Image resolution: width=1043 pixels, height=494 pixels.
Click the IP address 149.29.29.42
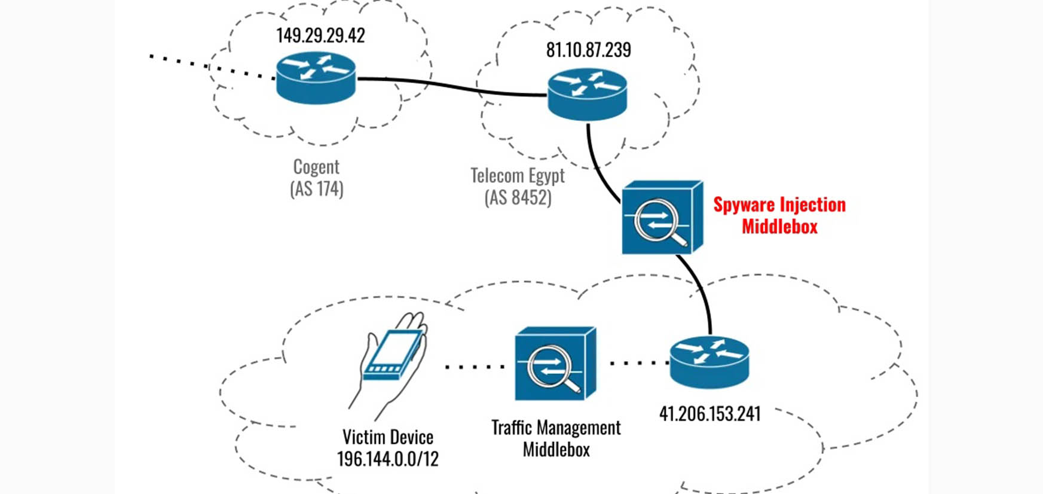tap(320, 35)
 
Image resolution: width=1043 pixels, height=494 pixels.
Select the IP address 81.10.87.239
tap(589, 50)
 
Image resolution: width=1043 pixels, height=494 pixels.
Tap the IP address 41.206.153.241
tap(710, 414)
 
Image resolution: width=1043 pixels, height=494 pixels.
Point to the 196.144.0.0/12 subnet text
tap(388, 459)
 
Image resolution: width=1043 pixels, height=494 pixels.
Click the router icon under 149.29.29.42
tap(316, 78)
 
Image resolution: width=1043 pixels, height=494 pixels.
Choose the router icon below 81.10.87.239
tap(588, 94)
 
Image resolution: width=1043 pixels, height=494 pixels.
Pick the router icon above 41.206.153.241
tap(709, 362)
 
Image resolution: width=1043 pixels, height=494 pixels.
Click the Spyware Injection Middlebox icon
tap(662, 218)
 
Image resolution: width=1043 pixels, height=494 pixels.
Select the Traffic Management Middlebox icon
tap(555, 364)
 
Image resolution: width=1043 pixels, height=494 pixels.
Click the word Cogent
tap(316, 166)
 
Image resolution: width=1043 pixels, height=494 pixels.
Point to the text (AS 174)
tap(317, 189)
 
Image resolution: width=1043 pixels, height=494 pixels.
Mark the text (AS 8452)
tap(518, 197)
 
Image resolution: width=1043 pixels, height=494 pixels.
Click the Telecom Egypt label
tap(518, 175)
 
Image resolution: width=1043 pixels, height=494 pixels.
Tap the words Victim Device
tap(388, 437)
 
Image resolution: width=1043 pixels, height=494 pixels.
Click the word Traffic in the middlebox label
tap(512, 428)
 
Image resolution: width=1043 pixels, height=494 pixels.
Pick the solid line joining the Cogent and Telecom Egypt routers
tap(452, 87)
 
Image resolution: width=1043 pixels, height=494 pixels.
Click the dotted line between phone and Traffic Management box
tap(475, 366)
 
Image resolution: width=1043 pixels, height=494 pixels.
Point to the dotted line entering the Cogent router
tap(212, 67)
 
